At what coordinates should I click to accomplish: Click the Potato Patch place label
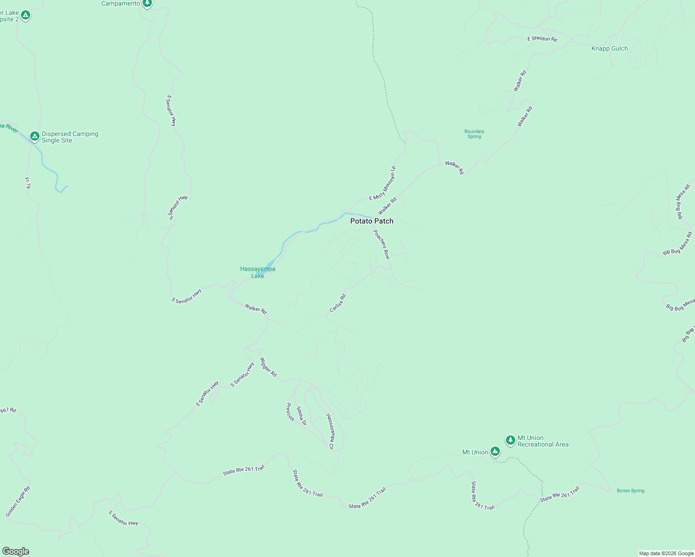click(372, 221)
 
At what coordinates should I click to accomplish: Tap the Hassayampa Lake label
click(257, 272)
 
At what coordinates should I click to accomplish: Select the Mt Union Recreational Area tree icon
click(510, 440)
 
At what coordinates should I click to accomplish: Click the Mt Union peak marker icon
click(495, 451)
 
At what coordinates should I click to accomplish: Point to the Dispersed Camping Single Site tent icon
click(34, 136)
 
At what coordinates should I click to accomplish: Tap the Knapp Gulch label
click(609, 48)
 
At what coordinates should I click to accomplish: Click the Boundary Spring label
click(474, 134)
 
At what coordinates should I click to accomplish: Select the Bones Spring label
click(630, 491)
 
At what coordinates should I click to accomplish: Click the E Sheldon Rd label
click(542, 39)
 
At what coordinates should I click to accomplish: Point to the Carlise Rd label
click(338, 303)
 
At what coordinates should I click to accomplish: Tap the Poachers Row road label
click(382, 244)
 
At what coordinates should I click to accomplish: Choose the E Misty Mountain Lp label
click(382, 183)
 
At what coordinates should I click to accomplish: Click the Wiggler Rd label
click(268, 367)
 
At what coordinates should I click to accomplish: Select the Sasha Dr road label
click(301, 416)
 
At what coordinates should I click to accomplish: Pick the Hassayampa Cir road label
click(330, 432)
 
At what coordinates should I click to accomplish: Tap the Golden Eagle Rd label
click(18, 502)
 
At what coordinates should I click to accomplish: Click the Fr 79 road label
click(28, 182)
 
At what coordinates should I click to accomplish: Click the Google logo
click(15, 551)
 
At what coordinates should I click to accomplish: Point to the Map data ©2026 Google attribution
click(666, 553)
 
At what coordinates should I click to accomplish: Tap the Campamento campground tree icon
click(147, 4)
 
